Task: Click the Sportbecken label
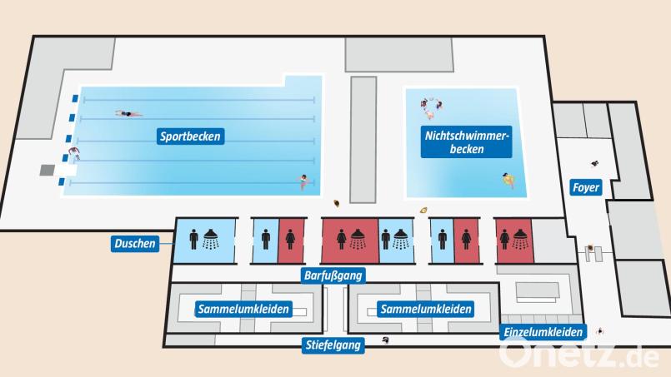pos(192,136)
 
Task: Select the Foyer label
pos(586,187)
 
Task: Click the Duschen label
pos(135,244)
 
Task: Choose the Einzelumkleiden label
pos(543,331)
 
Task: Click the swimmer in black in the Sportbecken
pos(129,114)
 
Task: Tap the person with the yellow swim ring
pos(508,180)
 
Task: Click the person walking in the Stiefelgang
pos(385,340)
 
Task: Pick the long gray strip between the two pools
pos(363,138)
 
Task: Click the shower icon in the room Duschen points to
pos(213,239)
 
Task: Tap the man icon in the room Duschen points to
pos(194,240)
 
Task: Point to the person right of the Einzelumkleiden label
pos(598,332)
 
